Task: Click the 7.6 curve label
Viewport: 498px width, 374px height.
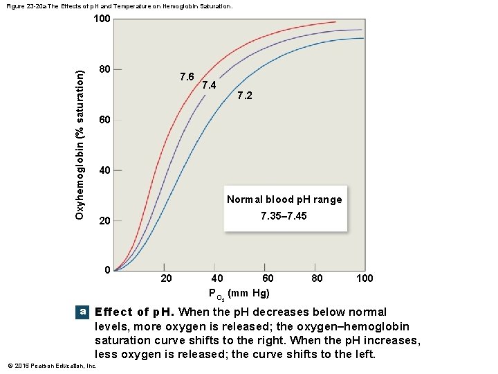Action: point(187,76)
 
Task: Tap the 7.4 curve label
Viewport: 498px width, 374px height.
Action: point(209,85)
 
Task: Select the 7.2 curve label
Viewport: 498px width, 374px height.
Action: point(245,95)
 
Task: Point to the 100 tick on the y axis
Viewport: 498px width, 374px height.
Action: point(101,19)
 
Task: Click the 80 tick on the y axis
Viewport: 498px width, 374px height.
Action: point(104,69)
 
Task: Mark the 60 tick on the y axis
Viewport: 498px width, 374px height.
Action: point(104,120)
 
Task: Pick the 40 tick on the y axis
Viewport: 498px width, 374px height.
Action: point(104,170)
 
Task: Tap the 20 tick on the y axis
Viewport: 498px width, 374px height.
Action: point(104,221)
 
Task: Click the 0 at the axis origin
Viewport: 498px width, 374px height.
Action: point(107,269)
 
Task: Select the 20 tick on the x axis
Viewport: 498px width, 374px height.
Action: point(166,278)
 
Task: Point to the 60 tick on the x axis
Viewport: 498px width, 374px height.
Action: point(267,278)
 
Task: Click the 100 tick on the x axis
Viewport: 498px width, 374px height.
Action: point(364,278)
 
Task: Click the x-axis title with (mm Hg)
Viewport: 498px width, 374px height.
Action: point(239,294)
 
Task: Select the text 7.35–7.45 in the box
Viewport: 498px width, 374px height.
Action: point(284,216)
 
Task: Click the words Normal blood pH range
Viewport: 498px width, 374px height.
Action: point(284,199)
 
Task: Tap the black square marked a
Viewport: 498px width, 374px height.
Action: point(83,312)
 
